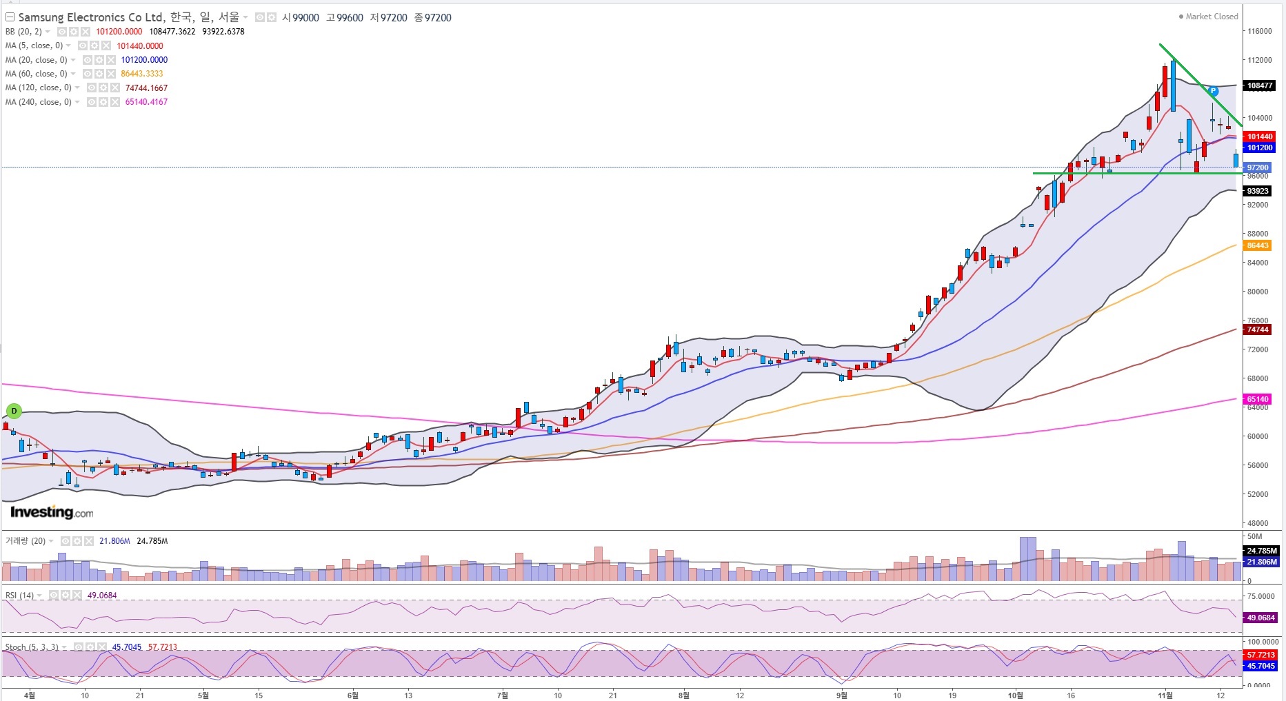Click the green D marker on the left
pos(14,412)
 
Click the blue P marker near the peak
pos(1213,91)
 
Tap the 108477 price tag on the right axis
pos(1260,86)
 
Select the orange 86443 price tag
pos(1258,245)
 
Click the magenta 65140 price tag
pos(1258,399)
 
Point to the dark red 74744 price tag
pos(1258,329)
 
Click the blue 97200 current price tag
pos(1258,167)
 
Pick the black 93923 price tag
pos(1258,191)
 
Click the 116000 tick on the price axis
pos(1259,31)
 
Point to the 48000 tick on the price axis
pos(1257,523)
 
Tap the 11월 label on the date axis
pos(1165,695)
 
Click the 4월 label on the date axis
pos(30,695)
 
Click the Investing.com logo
pos(52,512)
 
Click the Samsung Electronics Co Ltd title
pos(91,17)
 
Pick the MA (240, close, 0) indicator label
pos(38,102)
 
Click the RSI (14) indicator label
pos(19,596)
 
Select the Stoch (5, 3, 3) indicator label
pos(32,647)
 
